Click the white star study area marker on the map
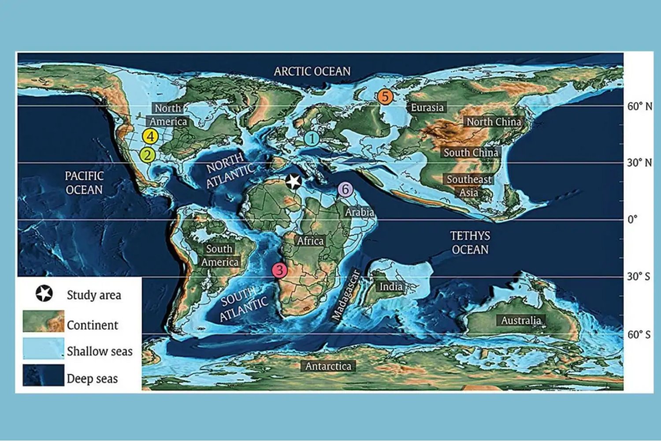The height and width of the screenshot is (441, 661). click(x=293, y=181)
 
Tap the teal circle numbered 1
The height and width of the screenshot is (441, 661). click(x=312, y=138)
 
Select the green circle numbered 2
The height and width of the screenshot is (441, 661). click(x=147, y=155)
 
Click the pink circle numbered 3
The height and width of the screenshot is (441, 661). click(x=279, y=270)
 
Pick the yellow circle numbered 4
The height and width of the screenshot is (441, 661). click(x=150, y=137)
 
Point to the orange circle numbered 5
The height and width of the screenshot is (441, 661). click(x=385, y=97)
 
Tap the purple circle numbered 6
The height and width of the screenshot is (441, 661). click(x=345, y=190)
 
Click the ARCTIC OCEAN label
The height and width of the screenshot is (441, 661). click(x=312, y=71)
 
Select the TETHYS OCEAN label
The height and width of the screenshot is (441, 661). click(x=470, y=243)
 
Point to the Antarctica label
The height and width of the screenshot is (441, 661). click(x=328, y=366)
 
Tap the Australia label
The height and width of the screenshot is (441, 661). click(x=521, y=320)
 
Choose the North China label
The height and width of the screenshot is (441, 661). click(x=494, y=122)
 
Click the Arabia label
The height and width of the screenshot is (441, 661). click(x=359, y=212)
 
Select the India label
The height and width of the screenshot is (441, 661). click(x=391, y=287)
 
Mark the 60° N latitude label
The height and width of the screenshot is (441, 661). click(x=639, y=106)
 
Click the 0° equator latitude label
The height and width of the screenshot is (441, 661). click(x=632, y=220)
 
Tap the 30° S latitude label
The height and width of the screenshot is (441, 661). click(x=639, y=277)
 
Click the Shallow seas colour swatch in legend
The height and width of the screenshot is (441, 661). click(x=43, y=349)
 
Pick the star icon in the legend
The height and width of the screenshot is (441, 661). click(x=44, y=293)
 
